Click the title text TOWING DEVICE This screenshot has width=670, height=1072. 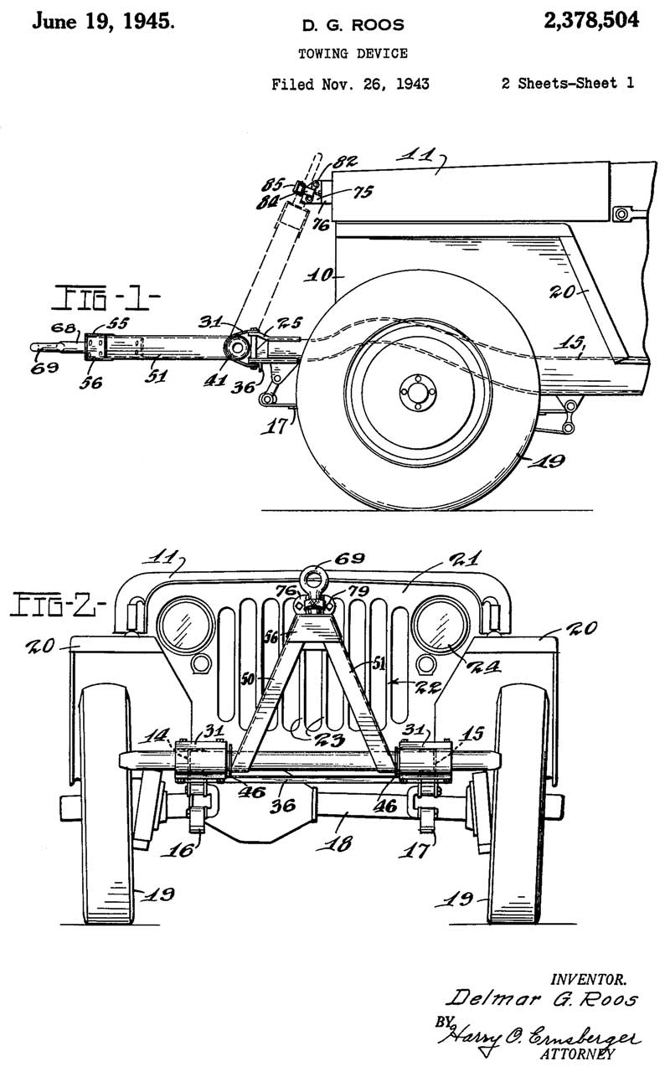click(x=353, y=54)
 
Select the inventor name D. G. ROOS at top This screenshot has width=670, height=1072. click(x=353, y=26)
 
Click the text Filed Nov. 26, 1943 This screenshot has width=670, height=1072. click(x=352, y=84)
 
